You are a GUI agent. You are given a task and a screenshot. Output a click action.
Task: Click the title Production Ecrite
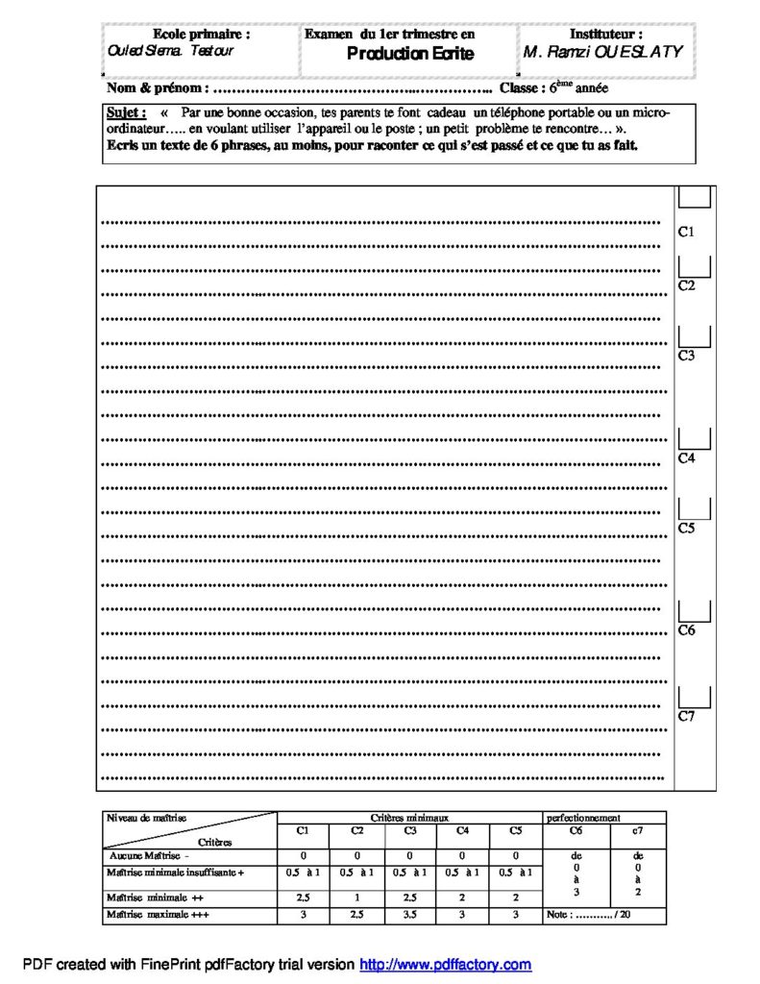[410, 54]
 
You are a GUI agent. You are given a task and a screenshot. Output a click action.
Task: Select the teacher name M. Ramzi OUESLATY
[603, 52]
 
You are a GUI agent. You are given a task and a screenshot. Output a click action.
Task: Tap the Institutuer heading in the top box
[606, 34]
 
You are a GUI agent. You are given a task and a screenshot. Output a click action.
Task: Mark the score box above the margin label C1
[695, 196]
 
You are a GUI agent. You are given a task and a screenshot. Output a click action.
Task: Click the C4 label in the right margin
[687, 459]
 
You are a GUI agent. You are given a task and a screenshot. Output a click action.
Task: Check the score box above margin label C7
[695, 697]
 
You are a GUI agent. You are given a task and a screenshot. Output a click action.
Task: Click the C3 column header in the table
[410, 829]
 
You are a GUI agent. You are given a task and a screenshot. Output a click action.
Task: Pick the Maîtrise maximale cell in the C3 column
[410, 916]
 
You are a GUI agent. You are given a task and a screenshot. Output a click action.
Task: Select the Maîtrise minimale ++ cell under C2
[356, 897]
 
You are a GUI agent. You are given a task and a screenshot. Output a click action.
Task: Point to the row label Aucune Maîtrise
[149, 854]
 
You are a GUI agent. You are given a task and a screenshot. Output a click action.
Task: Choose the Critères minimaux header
[409, 817]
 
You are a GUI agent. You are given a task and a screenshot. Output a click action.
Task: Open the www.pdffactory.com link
[445, 964]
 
